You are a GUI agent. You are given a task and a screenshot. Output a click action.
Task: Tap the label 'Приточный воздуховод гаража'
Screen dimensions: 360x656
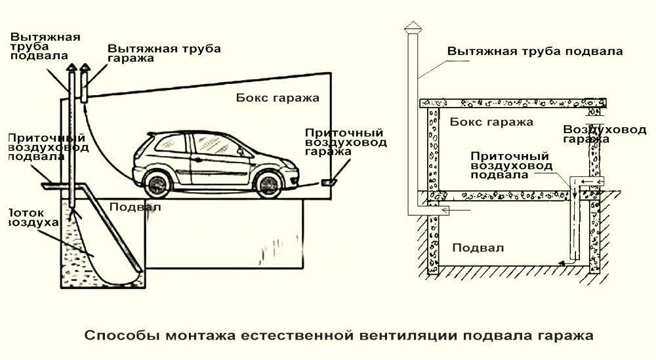tap(346, 142)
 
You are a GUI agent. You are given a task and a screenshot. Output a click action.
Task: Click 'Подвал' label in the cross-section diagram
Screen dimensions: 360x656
tap(478, 248)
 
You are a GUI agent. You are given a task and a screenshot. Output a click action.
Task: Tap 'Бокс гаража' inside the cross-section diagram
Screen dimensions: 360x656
tap(491, 122)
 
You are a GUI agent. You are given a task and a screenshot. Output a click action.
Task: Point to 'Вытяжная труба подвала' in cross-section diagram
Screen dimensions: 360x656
tap(535, 51)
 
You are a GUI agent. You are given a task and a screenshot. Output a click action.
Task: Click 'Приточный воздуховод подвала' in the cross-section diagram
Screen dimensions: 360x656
tap(510, 165)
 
